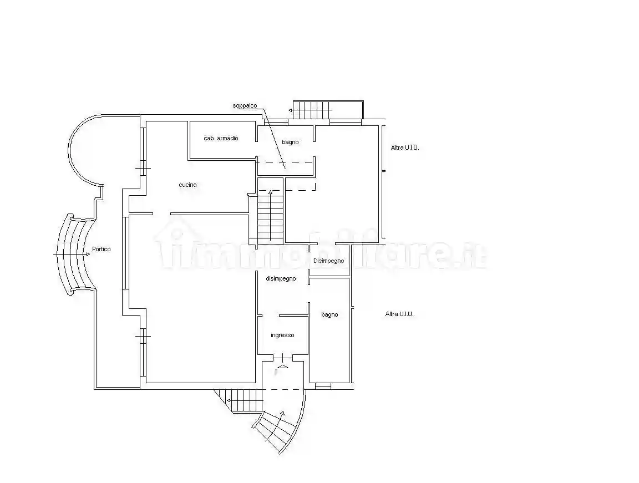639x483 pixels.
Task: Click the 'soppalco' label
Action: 245,106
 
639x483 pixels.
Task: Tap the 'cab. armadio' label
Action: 221,139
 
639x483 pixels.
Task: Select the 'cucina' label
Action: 187,185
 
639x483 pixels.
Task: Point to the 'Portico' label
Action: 101,249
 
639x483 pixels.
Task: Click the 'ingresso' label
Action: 282,335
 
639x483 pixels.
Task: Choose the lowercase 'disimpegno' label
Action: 281,279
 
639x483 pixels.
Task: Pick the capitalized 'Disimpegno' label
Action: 328,261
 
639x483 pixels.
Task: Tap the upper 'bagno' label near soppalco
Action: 290,143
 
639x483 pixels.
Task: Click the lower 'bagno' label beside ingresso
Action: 329,315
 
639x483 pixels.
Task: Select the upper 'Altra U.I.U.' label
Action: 405,148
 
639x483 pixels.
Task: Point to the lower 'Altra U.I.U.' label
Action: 399,314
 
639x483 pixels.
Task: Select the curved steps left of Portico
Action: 76,254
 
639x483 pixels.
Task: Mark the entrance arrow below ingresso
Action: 282,367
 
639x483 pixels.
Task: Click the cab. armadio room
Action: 222,140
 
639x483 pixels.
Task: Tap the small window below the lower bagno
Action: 323,386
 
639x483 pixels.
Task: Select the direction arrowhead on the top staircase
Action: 291,110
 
